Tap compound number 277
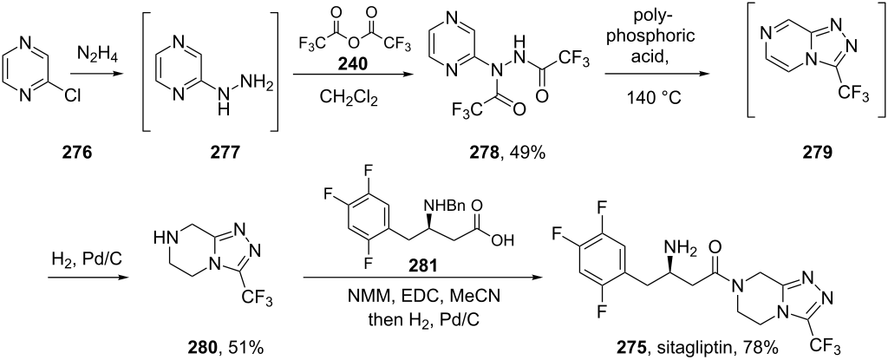point(216,153)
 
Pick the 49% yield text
point(521,153)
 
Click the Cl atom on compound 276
point(73,96)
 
